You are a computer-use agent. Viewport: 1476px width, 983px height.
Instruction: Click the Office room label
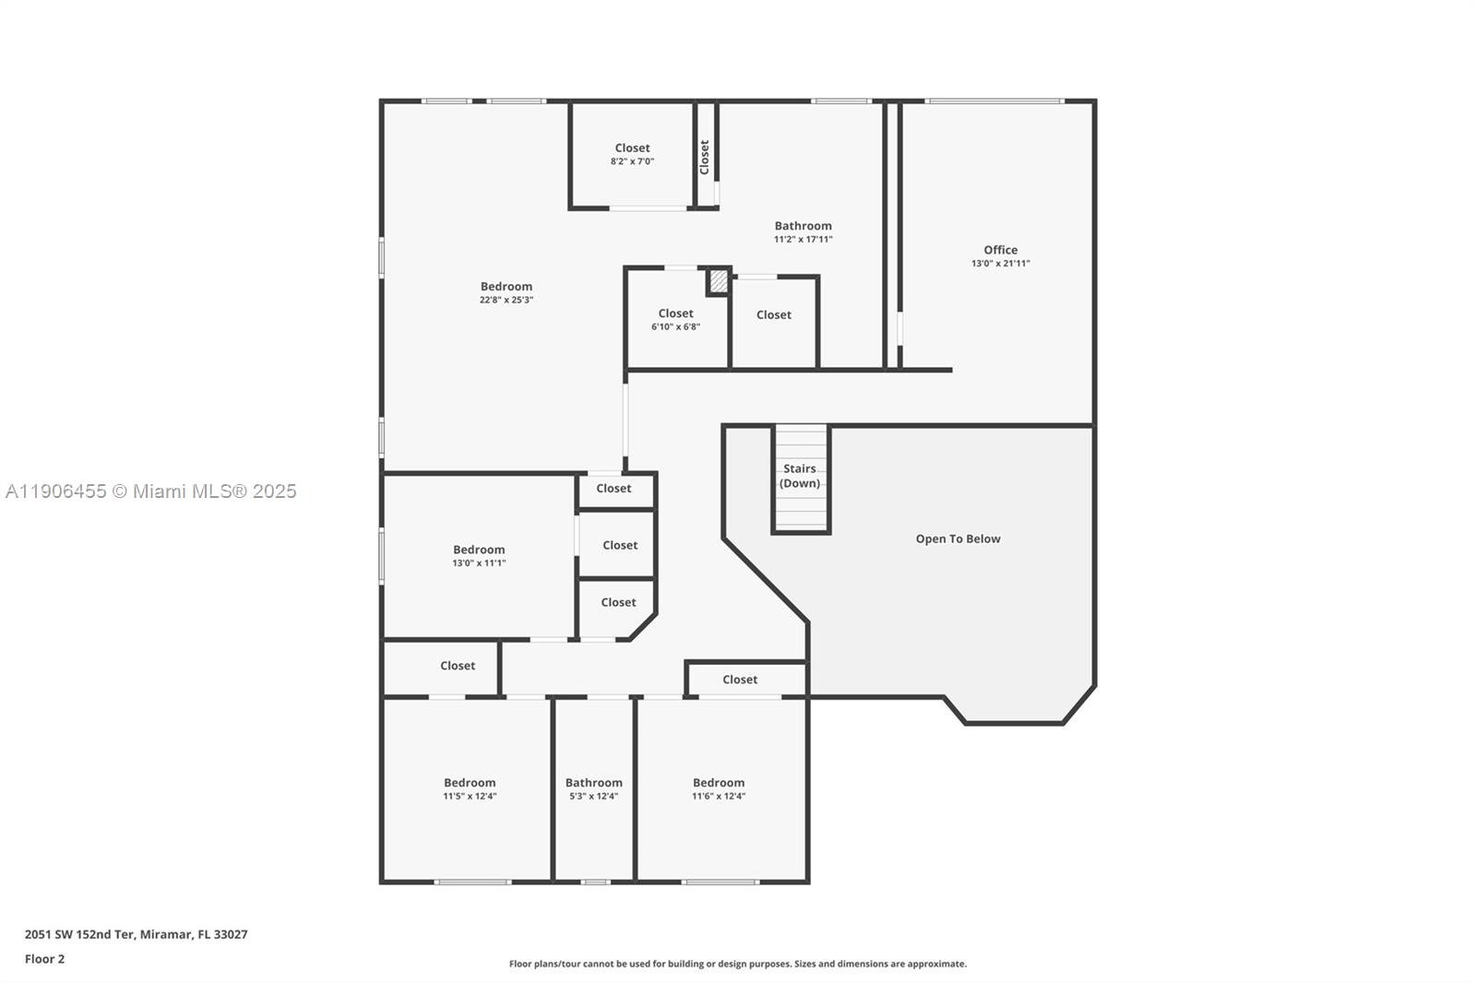click(x=1000, y=250)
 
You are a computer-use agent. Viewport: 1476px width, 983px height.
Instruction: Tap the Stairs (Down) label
click(x=800, y=476)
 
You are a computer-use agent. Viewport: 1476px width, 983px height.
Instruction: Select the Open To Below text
click(x=958, y=539)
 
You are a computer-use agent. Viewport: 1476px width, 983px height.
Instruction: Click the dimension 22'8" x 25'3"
click(x=506, y=300)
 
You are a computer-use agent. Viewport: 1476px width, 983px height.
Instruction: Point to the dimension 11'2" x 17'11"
click(x=803, y=240)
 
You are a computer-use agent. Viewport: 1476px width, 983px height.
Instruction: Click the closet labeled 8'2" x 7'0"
click(x=632, y=154)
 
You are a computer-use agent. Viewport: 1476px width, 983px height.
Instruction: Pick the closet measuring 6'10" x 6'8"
click(x=675, y=319)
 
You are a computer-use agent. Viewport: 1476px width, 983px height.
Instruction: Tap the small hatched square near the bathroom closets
click(x=718, y=281)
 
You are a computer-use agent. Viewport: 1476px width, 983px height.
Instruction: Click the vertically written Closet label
click(x=705, y=157)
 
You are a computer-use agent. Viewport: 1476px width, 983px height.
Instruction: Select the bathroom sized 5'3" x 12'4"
click(x=593, y=788)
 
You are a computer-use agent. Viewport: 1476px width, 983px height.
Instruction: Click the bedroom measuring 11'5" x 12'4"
click(x=470, y=788)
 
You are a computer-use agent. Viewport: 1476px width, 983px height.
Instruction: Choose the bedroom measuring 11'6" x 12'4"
click(x=719, y=788)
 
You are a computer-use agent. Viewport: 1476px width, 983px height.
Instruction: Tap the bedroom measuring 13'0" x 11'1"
click(x=479, y=555)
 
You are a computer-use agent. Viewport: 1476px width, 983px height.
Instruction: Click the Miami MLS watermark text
click(x=150, y=491)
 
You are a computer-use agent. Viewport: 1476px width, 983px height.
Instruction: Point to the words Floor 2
click(x=44, y=959)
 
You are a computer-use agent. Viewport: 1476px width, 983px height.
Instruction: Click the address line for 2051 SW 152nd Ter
click(x=136, y=934)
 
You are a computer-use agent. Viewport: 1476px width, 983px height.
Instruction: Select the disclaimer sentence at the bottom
click(x=738, y=964)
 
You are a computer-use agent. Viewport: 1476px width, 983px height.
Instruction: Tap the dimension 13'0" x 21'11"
click(x=1000, y=264)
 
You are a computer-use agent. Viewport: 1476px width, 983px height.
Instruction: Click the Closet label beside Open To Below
click(x=740, y=680)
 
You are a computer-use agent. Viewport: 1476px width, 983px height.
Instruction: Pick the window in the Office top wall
click(x=994, y=101)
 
